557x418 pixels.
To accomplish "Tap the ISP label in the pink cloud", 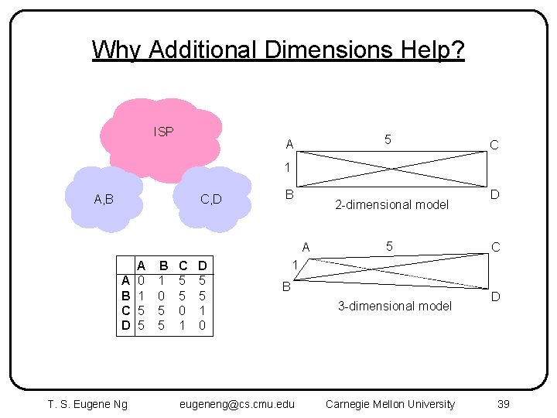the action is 164,132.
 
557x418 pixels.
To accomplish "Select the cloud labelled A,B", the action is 104,199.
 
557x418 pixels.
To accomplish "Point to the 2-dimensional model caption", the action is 391,204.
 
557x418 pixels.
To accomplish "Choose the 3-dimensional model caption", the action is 395,306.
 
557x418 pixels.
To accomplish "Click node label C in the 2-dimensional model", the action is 494,145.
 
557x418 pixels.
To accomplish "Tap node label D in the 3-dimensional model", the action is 495,296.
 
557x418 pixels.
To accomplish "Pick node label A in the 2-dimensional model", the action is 289,145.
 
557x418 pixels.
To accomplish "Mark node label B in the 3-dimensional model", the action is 285,286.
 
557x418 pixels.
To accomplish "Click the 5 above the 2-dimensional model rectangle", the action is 388,139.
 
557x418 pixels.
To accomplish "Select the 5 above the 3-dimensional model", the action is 390,247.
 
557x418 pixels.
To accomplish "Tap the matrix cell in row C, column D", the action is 202,310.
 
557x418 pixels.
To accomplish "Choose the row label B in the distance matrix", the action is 125,296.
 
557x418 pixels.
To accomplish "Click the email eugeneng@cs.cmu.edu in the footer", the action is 237,403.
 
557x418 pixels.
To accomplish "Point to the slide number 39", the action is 503,403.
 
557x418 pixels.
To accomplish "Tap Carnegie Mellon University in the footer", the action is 390,403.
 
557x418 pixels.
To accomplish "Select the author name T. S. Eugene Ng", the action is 87,403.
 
